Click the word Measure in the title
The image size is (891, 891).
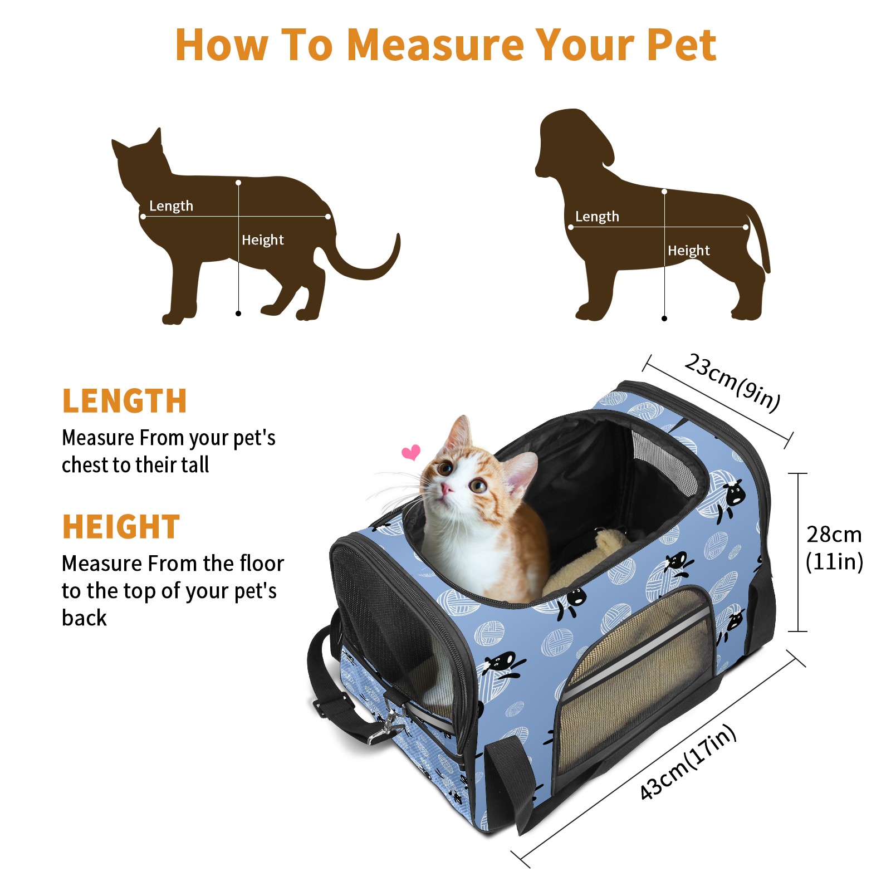(x=435, y=45)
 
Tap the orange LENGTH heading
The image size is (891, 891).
(x=124, y=401)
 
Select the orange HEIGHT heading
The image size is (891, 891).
(x=121, y=527)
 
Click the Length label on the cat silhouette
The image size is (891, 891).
(x=171, y=206)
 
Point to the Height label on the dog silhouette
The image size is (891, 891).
(x=689, y=251)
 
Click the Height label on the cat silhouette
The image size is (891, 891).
(x=263, y=240)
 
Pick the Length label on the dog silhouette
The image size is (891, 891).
(x=597, y=217)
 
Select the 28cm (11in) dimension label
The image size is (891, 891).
(x=834, y=548)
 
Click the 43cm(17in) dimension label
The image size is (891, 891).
(x=688, y=762)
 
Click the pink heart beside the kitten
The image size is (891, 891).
(x=412, y=452)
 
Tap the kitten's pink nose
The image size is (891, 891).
(x=447, y=489)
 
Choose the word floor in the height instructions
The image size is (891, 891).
(x=262, y=564)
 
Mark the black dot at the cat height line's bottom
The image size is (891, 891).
(x=238, y=314)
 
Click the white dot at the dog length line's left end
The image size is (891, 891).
(x=571, y=227)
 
